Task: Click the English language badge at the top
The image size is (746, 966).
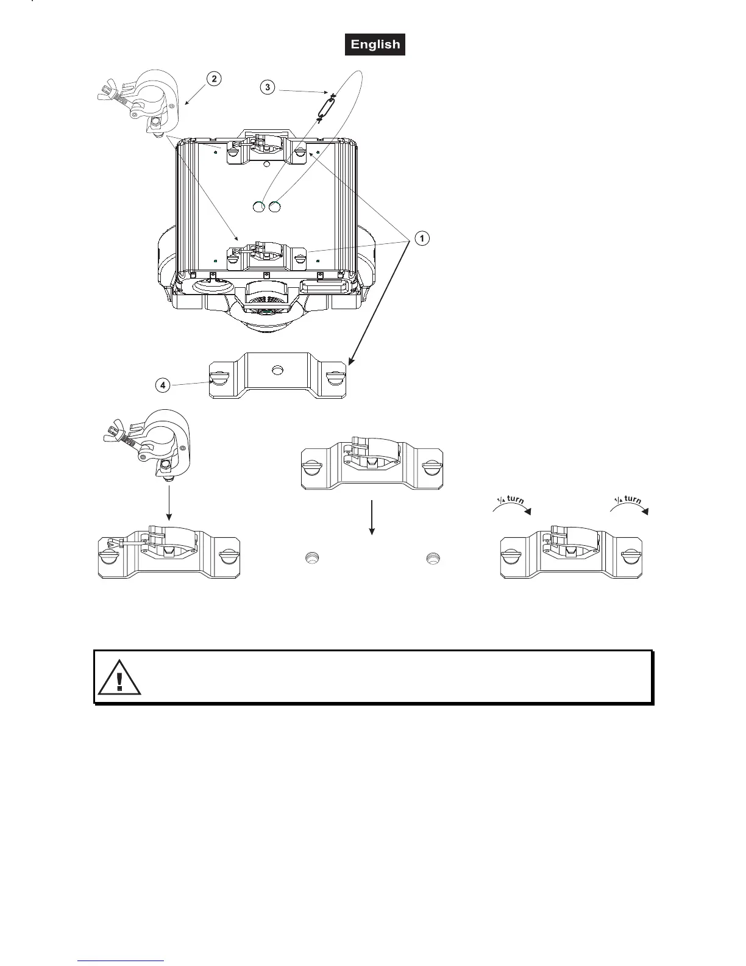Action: pos(375,45)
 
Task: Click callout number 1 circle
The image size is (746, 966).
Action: pos(422,238)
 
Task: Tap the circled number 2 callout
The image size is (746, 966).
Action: pos(213,78)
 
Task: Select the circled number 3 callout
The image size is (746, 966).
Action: pos(268,87)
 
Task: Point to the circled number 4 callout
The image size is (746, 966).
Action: pos(162,385)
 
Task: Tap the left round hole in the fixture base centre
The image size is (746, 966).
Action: pos(259,207)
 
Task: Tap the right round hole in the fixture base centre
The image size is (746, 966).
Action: pos(274,207)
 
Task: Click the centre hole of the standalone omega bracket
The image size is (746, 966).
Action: pos(278,370)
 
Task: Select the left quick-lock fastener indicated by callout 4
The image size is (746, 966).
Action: pos(218,377)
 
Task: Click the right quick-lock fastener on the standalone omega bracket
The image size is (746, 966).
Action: pos(335,377)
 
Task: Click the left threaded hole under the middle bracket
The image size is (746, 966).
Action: pos(311,557)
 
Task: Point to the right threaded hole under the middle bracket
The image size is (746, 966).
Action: pos(432,557)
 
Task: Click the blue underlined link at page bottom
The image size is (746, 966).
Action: pos(121,961)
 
